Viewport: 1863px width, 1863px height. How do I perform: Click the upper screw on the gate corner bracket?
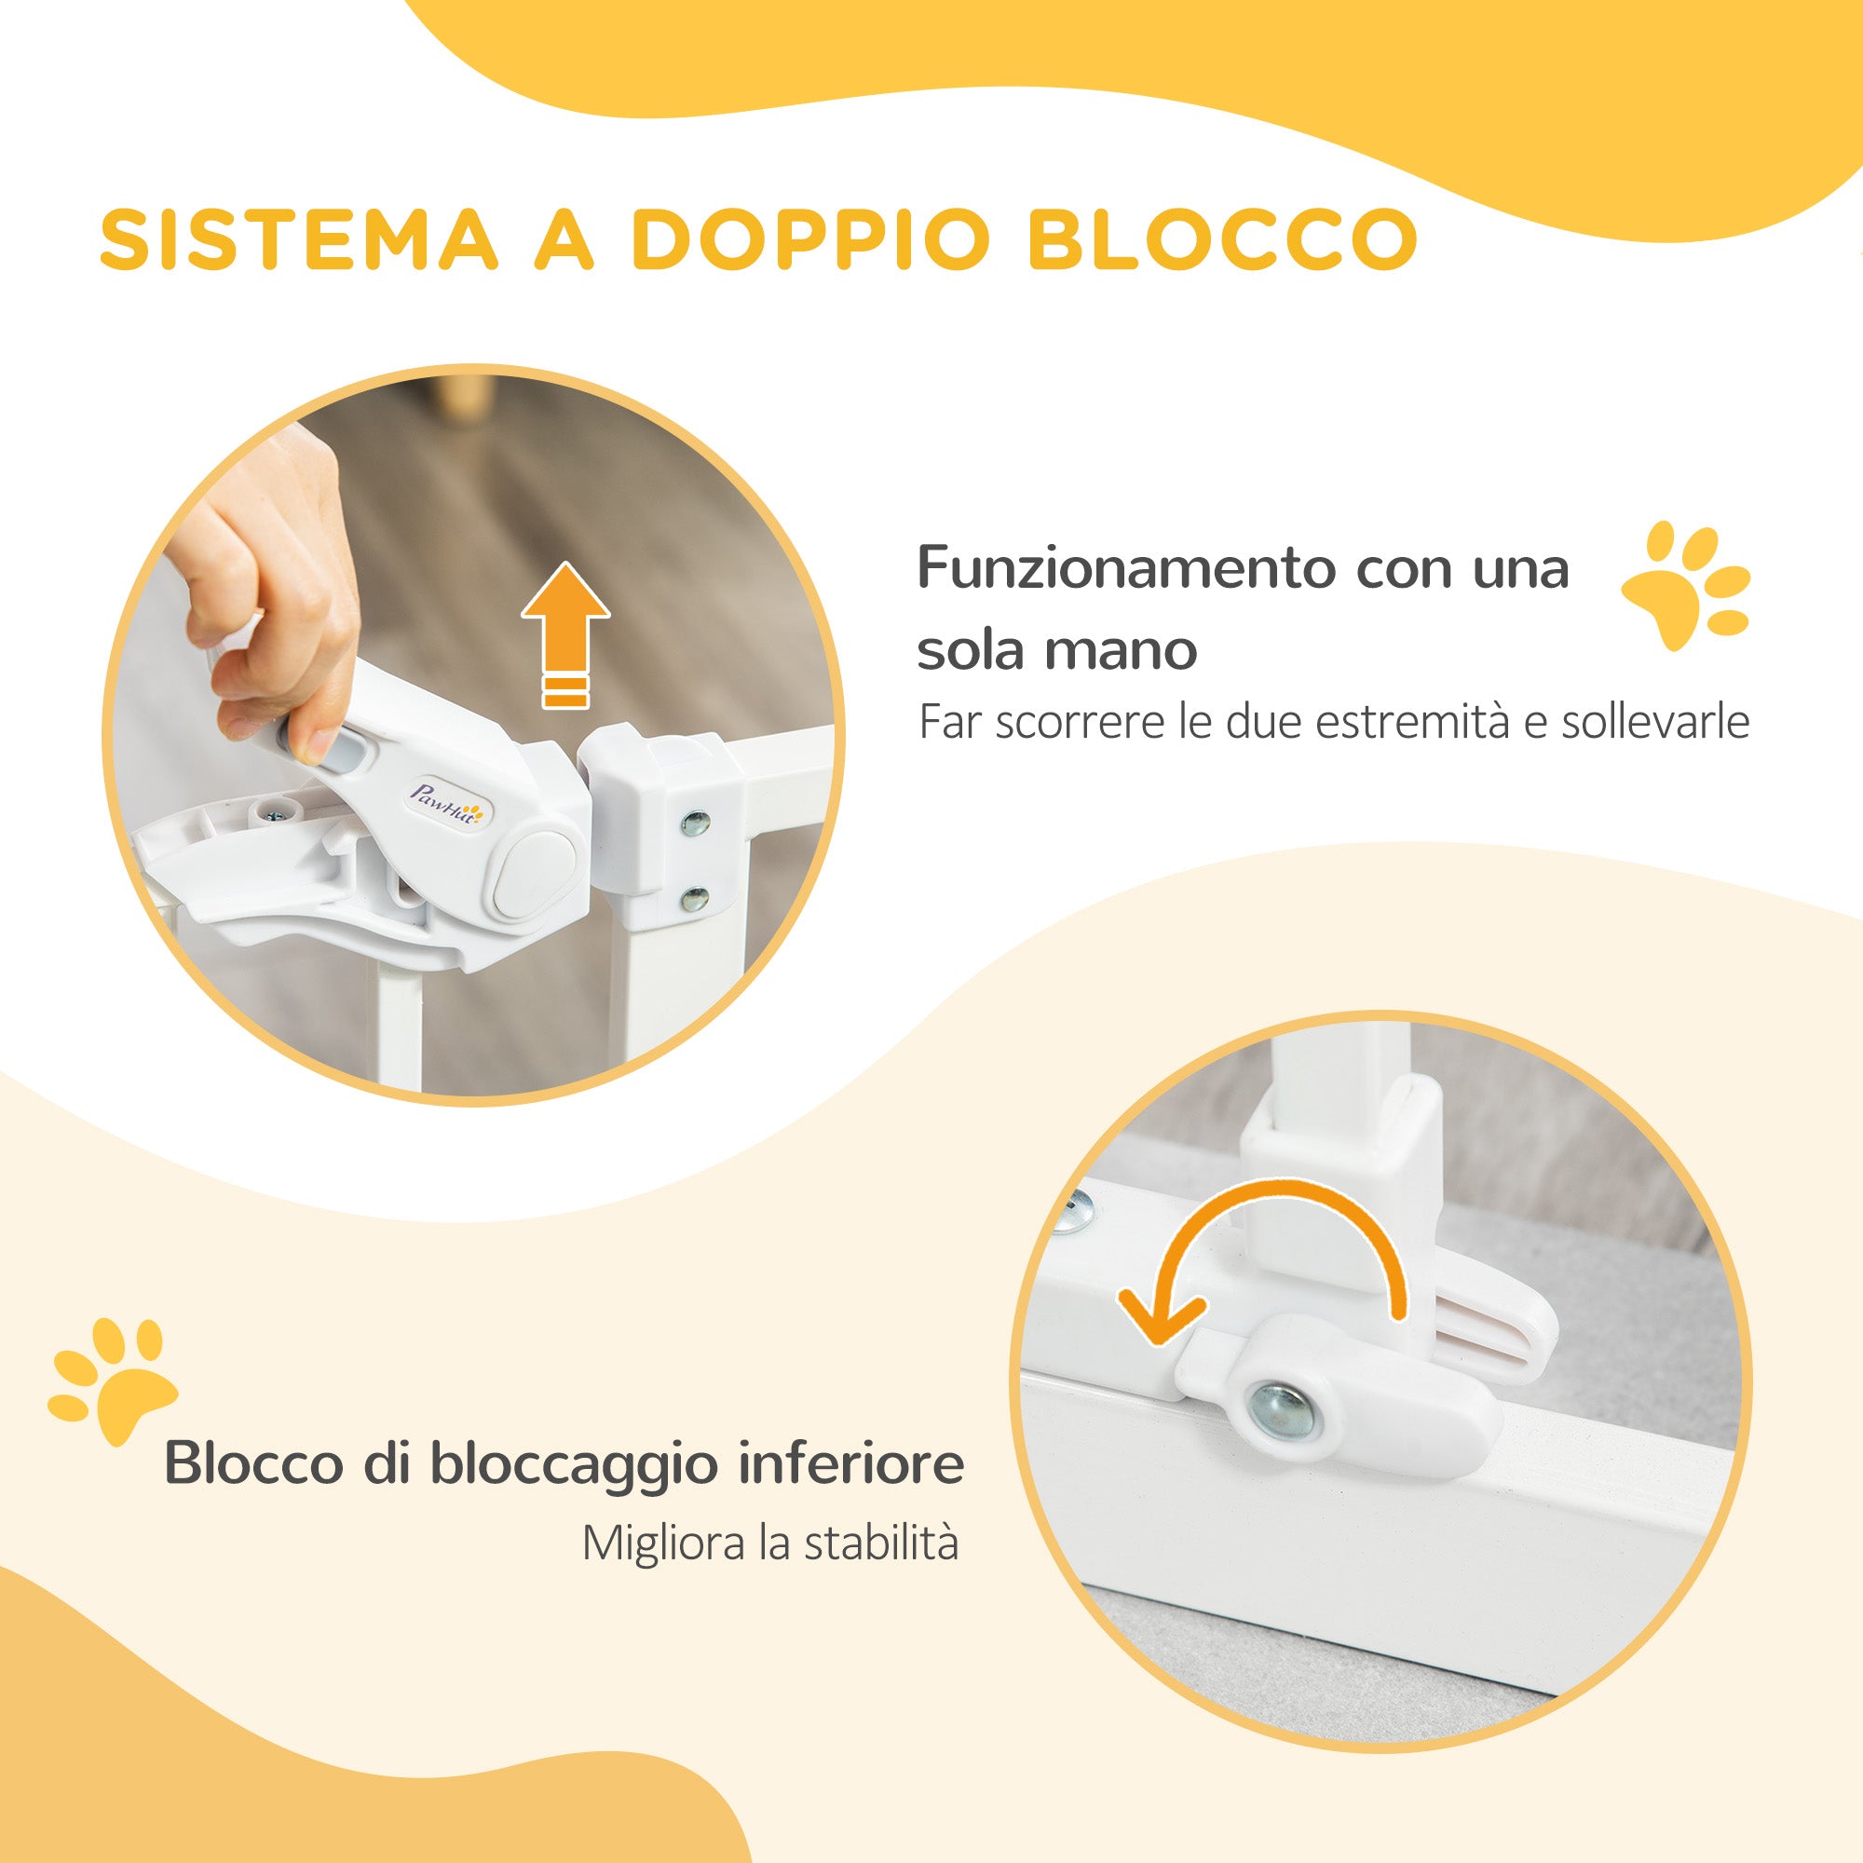click(694, 823)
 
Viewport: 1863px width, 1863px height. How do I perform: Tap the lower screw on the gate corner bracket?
click(693, 899)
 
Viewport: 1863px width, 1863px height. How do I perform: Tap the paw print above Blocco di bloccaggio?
click(111, 1380)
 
